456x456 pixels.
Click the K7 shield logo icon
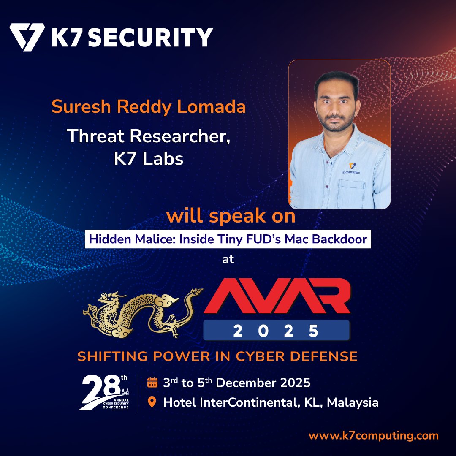tap(27, 37)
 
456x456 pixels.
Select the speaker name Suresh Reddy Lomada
tap(149, 107)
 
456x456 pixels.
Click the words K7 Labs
tap(149, 159)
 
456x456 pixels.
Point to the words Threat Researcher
tap(149, 136)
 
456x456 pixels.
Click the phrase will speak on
tap(231, 216)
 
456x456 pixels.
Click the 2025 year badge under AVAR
tap(276, 331)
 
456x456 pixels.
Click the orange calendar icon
tap(152, 383)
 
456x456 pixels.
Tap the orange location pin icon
tap(152, 402)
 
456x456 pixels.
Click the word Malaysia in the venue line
tap(353, 402)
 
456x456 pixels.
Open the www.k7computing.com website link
tap(374, 436)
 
